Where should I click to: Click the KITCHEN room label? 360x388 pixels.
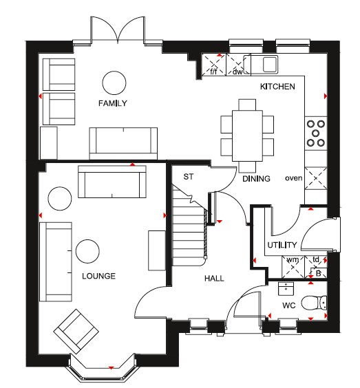pos(277,87)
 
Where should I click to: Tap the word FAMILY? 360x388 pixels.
pos(113,103)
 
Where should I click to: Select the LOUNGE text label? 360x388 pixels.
pos(99,276)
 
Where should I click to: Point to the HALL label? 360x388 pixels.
pos(214,279)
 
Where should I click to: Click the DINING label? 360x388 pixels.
pos(256,179)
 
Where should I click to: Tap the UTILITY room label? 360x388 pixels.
pos(282,245)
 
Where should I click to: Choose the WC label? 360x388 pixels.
pos(289,305)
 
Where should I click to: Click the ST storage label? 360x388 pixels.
pos(189,177)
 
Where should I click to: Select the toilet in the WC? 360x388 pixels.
pos(314,303)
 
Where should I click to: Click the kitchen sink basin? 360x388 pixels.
pos(270,64)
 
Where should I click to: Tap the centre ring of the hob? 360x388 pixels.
pos(315,133)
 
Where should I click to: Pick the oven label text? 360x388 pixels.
pos(294,178)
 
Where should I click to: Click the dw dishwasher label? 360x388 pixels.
pos(237,72)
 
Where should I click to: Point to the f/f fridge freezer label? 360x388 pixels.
pos(213,72)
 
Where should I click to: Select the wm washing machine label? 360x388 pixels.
pos(293,260)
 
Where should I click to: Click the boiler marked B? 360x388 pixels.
pos(319,273)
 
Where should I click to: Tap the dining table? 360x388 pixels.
pos(247,136)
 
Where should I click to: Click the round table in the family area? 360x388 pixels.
pos(114,83)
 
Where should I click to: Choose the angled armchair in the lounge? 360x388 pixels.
pos(76,332)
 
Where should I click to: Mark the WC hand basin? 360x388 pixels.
pos(286,289)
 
